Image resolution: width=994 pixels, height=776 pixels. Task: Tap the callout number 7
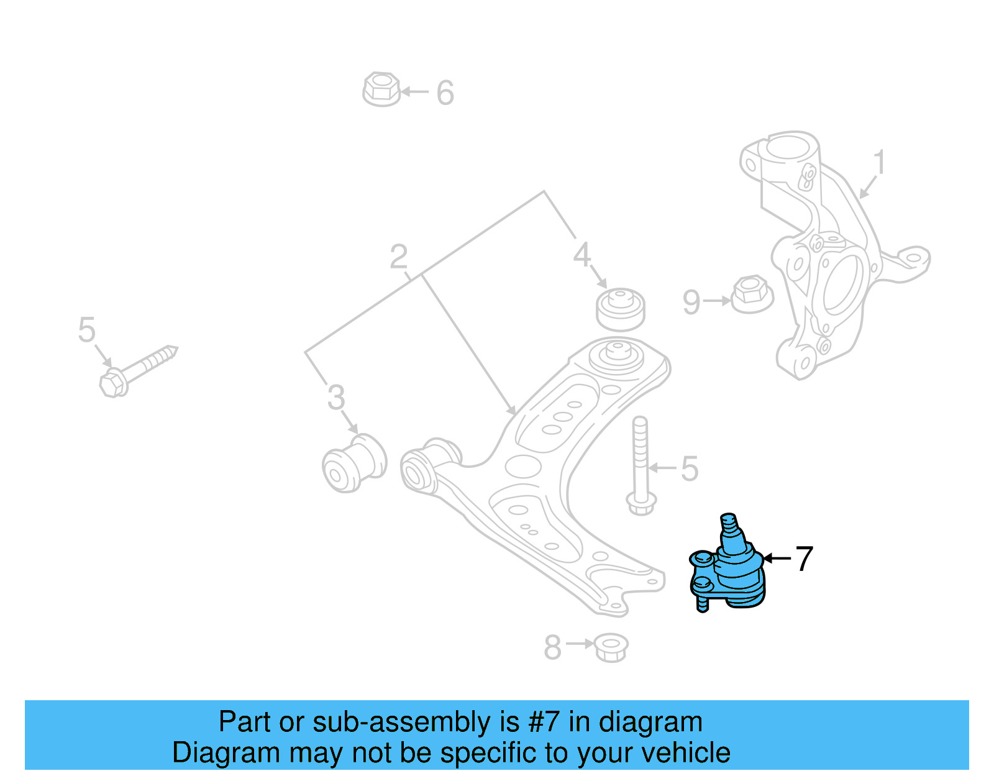tap(804, 559)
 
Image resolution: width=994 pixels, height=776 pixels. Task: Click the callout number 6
tap(445, 93)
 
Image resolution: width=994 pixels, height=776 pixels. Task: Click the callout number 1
tap(878, 163)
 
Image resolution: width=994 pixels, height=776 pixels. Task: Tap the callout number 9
tap(691, 303)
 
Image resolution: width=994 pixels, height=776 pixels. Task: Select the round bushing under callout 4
tap(620, 309)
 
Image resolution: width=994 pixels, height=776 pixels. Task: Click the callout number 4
tap(581, 255)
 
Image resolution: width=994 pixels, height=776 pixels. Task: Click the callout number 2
tap(399, 257)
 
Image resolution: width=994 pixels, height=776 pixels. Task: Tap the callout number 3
tap(336, 398)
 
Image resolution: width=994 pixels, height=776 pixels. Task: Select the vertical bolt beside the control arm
tap(641, 466)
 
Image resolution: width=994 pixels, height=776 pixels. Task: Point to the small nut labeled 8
tap(611, 647)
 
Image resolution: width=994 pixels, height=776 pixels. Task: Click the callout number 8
tap(552, 647)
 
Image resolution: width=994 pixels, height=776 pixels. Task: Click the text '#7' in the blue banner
tap(544, 723)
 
